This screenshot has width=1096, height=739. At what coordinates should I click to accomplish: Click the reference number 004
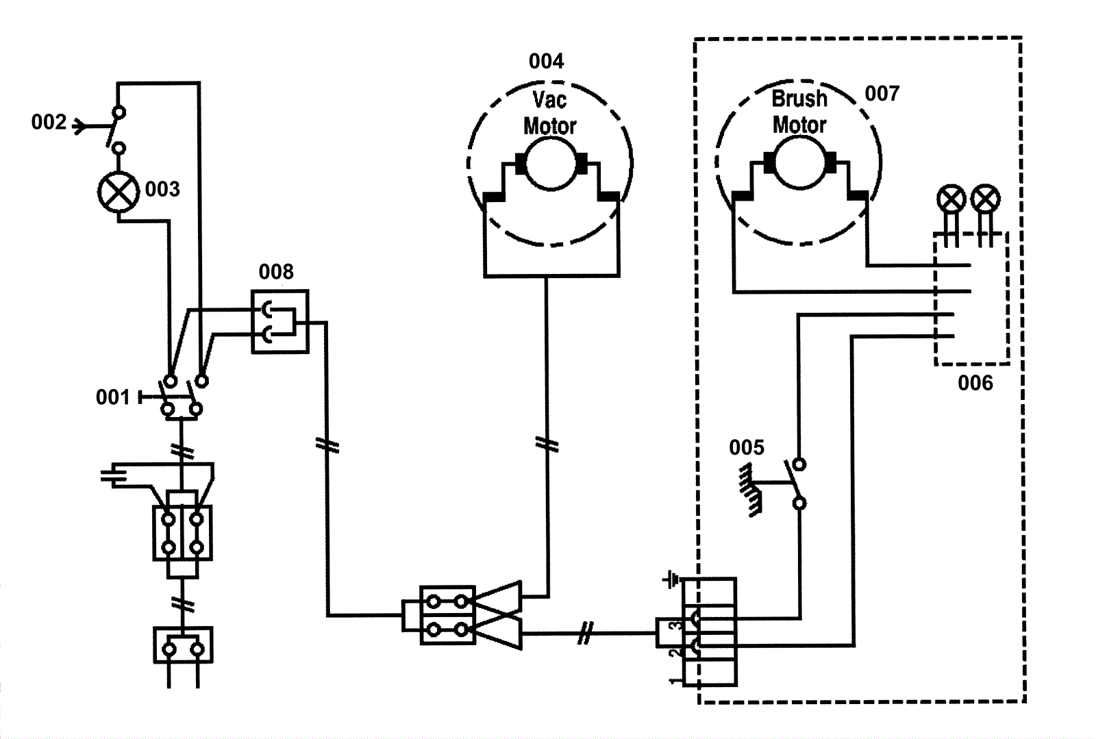point(546,62)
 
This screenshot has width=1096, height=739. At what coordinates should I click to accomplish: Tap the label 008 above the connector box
point(276,272)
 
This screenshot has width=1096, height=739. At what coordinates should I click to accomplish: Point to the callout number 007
point(882,93)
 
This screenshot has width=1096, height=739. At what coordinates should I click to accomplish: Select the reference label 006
point(975,383)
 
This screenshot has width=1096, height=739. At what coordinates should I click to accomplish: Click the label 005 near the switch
point(747,448)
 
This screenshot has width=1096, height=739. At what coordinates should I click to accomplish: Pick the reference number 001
point(112,397)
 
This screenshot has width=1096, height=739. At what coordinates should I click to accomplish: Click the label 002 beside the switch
point(49,123)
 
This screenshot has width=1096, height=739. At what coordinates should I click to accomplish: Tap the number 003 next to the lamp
point(162,189)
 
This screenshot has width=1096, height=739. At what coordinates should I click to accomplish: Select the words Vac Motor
point(549,113)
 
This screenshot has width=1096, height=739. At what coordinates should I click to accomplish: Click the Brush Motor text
point(799,112)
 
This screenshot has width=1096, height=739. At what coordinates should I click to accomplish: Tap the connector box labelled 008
point(279,321)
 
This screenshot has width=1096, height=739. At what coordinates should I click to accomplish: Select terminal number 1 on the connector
point(674,680)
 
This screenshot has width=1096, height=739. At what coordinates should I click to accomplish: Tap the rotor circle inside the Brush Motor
point(800,162)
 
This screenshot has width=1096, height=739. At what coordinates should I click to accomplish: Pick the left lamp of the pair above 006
point(951,200)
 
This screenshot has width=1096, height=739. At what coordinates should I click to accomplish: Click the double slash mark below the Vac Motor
point(547,445)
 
